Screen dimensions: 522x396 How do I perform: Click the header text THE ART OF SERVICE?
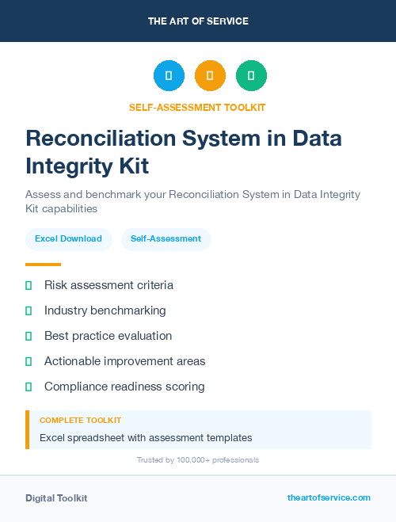(198, 21)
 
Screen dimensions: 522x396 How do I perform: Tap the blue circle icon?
(169, 76)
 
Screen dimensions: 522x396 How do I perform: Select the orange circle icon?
(210, 76)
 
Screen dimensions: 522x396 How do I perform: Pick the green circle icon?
(251, 76)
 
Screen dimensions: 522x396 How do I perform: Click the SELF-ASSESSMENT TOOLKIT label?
(198, 107)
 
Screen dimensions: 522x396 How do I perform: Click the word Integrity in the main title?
(63, 166)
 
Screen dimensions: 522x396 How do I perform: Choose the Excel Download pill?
(68, 238)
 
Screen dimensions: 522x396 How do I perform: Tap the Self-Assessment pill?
(166, 238)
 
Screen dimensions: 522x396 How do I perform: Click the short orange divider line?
(43, 265)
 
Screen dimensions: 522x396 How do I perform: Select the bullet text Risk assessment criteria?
(109, 285)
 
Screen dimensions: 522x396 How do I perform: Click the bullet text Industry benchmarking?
(105, 311)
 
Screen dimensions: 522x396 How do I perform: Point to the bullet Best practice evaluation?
(108, 336)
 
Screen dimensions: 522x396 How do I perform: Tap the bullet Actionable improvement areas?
(124, 361)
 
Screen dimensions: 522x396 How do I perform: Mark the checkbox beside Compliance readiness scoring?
(29, 387)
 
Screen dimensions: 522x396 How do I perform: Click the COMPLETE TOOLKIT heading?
(80, 421)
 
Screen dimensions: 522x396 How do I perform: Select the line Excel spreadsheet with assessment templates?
(146, 437)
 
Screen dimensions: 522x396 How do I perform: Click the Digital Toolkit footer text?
(56, 498)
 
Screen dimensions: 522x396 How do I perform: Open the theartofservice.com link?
(329, 497)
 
